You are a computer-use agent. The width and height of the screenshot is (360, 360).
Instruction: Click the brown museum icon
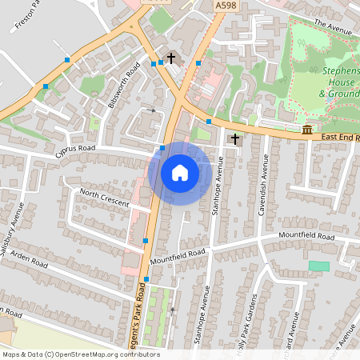(308, 130)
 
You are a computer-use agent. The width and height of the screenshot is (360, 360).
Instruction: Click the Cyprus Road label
(75, 149)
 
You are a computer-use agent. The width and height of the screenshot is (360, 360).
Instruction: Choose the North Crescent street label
(104, 199)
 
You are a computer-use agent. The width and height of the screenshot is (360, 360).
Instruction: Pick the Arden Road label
(30, 261)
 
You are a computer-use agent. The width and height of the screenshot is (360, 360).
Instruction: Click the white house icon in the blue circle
(180, 172)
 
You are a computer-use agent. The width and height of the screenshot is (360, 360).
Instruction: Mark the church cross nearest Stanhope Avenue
(235, 139)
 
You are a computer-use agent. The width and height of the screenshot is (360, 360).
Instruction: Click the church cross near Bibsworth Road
(171, 58)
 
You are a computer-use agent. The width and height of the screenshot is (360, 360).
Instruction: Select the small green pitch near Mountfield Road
(318, 266)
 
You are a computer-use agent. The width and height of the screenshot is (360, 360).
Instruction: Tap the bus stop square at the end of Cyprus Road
(162, 147)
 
